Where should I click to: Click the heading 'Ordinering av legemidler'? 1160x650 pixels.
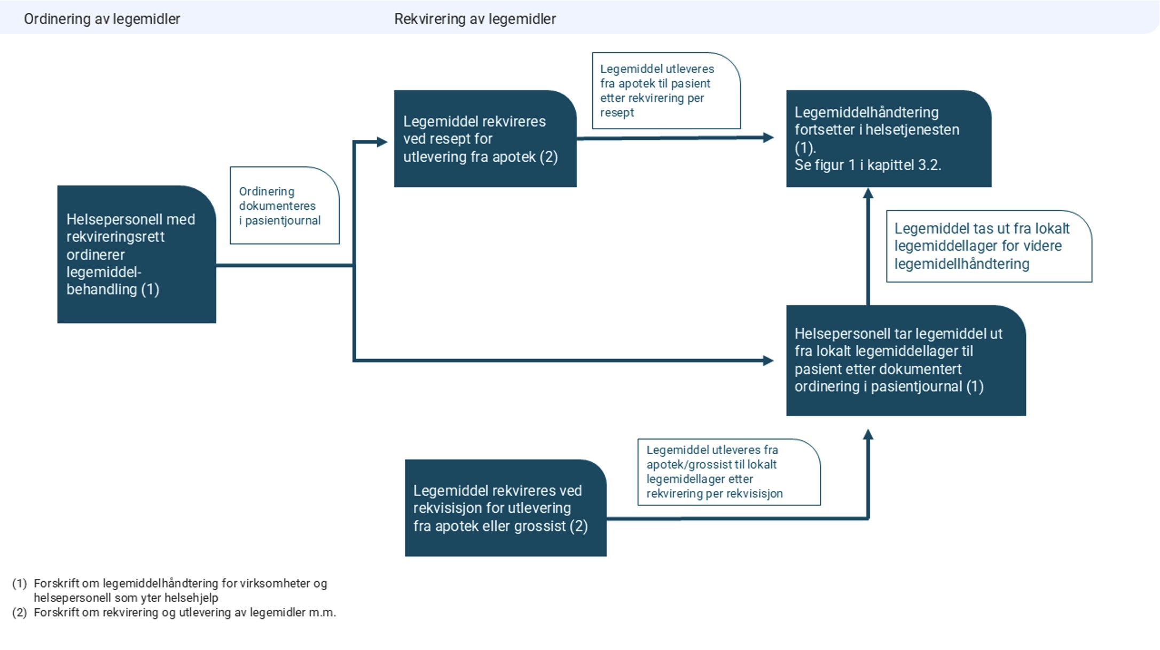[102, 19]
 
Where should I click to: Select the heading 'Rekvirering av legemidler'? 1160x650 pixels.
[475, 19]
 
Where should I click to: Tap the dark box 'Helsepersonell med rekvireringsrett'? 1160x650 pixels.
[137, 254]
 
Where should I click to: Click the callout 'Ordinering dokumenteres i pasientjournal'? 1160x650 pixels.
[284, 205]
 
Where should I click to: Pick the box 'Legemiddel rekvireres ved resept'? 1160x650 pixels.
[485, 139]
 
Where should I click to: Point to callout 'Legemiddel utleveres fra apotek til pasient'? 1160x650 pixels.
[665, 91]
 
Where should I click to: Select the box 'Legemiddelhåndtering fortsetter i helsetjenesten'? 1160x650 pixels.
[888, 139]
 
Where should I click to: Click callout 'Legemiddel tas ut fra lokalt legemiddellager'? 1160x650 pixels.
[989, 246]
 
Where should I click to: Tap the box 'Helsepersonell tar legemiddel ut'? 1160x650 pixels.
[905, 360]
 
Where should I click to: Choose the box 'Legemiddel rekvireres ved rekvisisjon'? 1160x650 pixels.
[505, 508]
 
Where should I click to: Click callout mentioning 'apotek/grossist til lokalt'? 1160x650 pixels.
[728, 472]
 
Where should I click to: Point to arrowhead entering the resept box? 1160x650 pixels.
[381, 142]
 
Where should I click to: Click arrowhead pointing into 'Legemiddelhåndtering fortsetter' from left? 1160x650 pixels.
[768, 138]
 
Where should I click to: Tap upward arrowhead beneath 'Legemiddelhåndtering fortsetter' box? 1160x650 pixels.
[868, 194]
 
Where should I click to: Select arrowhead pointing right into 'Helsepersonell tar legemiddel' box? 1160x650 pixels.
[768, 361]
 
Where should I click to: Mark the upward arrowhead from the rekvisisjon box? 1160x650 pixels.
[868, 435]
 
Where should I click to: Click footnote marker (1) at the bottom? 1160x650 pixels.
[19, 583]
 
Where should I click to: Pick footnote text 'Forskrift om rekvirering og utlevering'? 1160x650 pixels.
[184, 613]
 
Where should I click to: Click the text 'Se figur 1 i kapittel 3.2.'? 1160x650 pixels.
[867, 165]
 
